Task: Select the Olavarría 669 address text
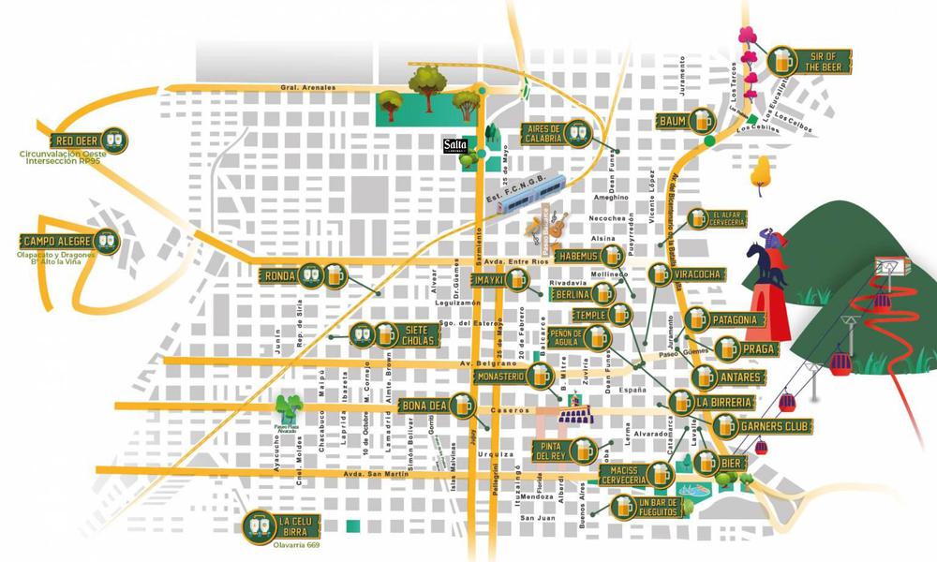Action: [x=299, y=545]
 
